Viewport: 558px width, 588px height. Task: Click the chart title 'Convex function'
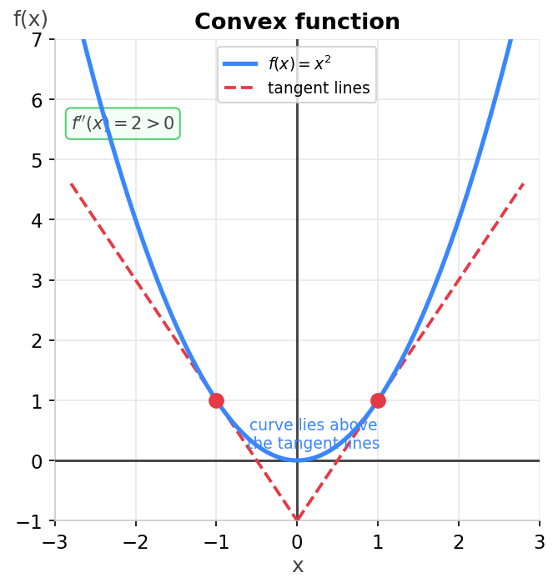tap(297, 23)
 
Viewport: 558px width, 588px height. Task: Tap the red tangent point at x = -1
tap(216, 400)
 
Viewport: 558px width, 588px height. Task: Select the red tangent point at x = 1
tap(378, 400)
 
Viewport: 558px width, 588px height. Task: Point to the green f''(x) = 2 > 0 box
tap(123, 123)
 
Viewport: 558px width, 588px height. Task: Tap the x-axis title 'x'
tap(297, 566)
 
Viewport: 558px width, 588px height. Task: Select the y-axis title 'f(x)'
tap(31, 19)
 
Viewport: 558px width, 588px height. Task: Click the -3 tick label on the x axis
tap(54, 543)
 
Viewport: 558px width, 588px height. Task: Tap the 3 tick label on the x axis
tap(539, 543)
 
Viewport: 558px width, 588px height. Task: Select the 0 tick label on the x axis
tap(297, 543)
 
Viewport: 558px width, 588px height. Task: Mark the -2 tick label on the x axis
tap(135, 543)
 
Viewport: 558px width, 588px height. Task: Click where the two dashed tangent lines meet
tap(297, 520)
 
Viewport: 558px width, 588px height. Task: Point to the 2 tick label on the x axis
tap(459, 543)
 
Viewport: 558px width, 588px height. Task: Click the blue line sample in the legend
tap(240, 64)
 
